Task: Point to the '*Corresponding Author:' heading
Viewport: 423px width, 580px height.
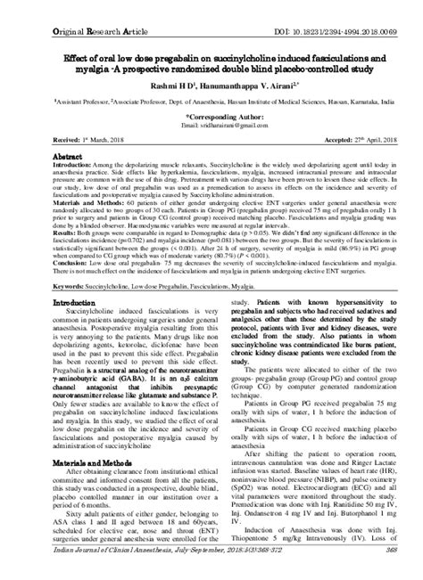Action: pyautogui.click(x=211, y=116)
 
